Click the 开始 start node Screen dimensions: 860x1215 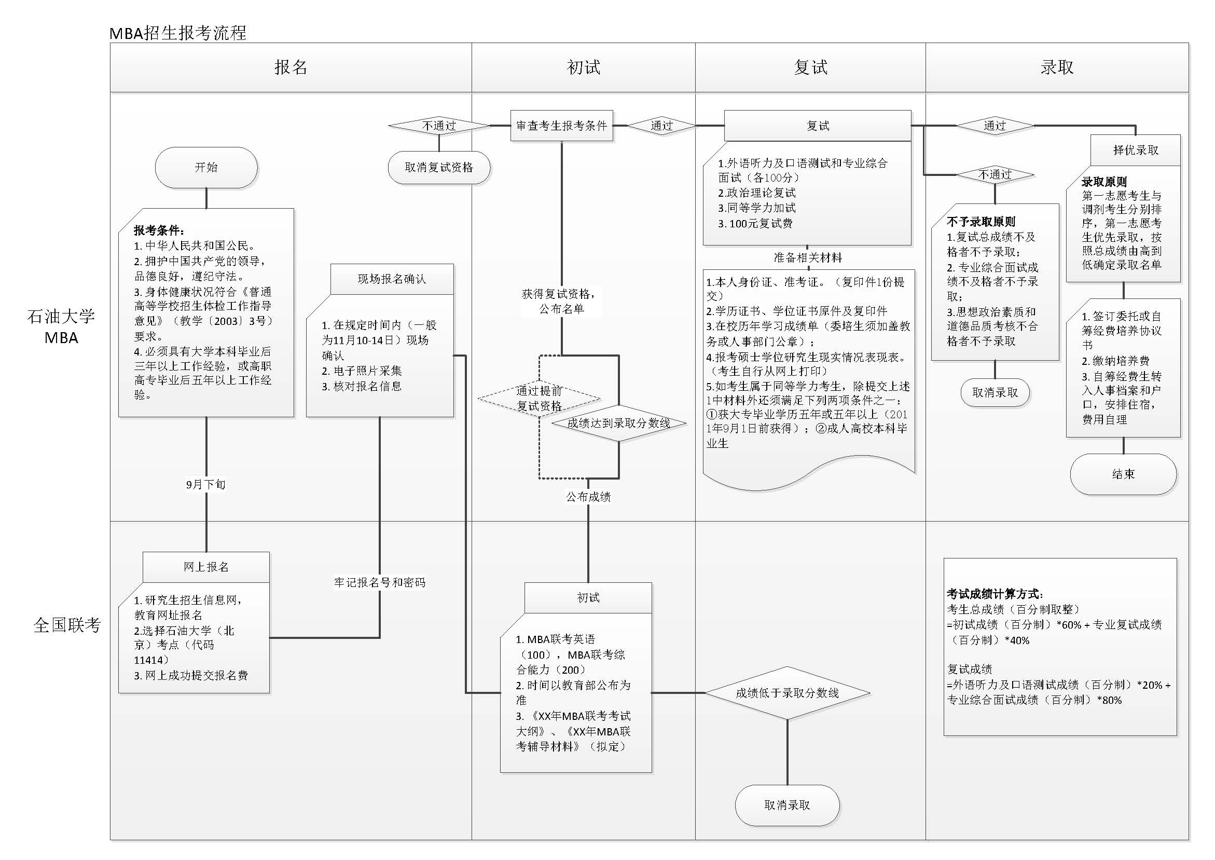click(x=206, y=167)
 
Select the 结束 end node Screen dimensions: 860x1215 click(x=1123, y=474)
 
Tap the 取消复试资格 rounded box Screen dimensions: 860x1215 click(x=439, y=167)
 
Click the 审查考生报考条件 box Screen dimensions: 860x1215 click(x=561, y=126)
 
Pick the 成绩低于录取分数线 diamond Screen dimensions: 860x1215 click(x=787, y=693)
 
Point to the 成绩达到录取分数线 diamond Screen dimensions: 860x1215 click(x=618, y=423)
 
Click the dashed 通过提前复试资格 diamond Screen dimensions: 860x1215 click(x=539, y=398)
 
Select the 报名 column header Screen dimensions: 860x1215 click(x=291, y=67)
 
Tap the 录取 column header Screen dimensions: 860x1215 click(x=1057, y=67)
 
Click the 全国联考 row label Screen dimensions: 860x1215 click(x=67, y=625)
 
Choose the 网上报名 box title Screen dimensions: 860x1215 click(x=206, y=567)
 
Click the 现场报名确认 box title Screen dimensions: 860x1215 click(x=392, y=279)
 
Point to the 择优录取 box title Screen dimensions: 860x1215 click(x=1136, y=150)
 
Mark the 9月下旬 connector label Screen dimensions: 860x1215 click(x=206, y=484)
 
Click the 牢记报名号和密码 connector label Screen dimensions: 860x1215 click(x=379, y=582)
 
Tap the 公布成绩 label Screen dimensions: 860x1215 click(x=588, y=497)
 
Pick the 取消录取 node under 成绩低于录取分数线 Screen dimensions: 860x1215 click(x=787, y=805)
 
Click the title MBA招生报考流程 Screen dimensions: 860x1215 click(x=178, y=33)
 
